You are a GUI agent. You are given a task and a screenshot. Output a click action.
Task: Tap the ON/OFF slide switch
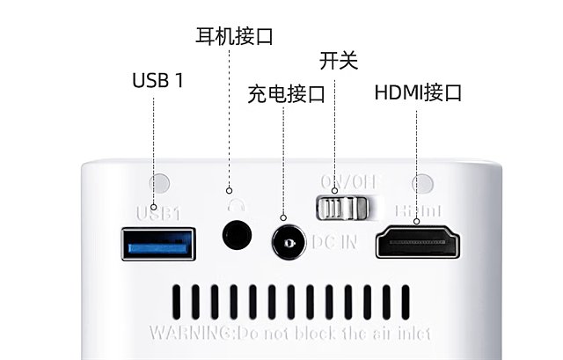pos(341,208)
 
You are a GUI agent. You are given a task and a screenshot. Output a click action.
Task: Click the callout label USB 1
pos(158,81)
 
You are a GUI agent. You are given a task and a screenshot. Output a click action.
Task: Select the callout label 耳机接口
pos(234,36)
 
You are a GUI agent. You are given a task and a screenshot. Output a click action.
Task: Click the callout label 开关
pos(339,61)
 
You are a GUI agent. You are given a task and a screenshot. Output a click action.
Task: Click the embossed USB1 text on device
pos(158,212)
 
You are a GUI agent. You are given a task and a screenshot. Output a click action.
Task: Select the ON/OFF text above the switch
pos(348,182)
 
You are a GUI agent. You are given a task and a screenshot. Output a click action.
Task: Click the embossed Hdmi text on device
pos(419,212)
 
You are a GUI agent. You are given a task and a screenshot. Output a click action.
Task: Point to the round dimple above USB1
pos(159,184)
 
